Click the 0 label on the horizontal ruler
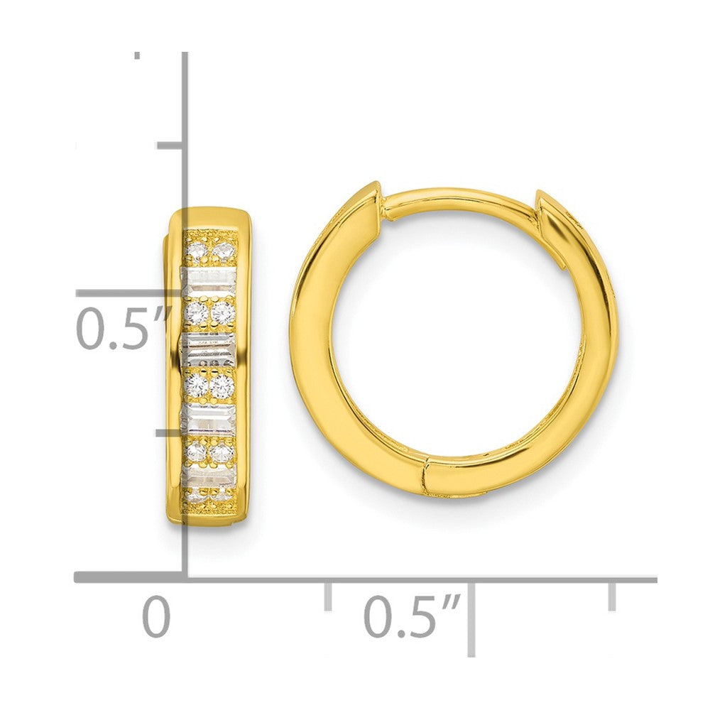(x=156, y=616)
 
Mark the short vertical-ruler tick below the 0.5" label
(x=170, y=431)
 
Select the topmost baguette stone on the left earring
(x=208, y=278)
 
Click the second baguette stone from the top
(x=208, y=348)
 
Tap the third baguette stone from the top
(x=208, y=418)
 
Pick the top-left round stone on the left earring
(x=196, y=250)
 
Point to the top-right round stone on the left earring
(x=224, y=250)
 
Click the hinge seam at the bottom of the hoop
(x=425, y=476)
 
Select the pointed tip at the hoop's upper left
(x=374, y=189)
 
